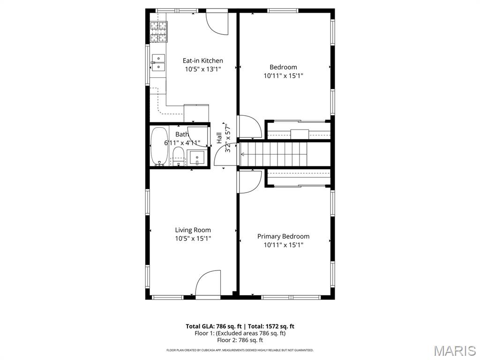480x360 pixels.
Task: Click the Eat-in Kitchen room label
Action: point(202,60)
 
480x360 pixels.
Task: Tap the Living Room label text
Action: point(193,230)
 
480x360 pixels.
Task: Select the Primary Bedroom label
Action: point(283,236)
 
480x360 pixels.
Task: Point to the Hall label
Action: point(219,138)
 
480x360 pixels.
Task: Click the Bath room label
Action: point(182,135)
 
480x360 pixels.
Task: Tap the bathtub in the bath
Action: point(159,146)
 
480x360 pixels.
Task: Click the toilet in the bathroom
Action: point(178,157)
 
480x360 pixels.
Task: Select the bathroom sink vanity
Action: point(198,157)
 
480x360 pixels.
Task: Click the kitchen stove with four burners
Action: point(158,32)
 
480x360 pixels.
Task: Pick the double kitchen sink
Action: point(158,62)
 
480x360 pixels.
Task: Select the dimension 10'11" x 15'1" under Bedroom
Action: point(283,75)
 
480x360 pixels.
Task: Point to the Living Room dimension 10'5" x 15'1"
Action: point(193,238)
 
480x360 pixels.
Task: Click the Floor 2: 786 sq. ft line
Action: point(240,340)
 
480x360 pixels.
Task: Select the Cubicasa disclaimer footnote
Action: point(240,350)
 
